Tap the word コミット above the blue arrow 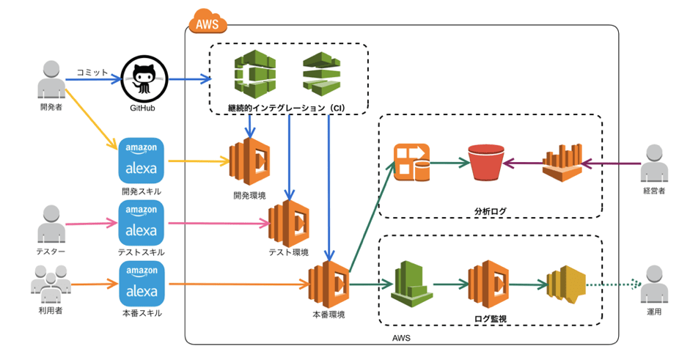coord(92,72)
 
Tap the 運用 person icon coord(654,284)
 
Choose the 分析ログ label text coord(490,211)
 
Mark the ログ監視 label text coord(490,319)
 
